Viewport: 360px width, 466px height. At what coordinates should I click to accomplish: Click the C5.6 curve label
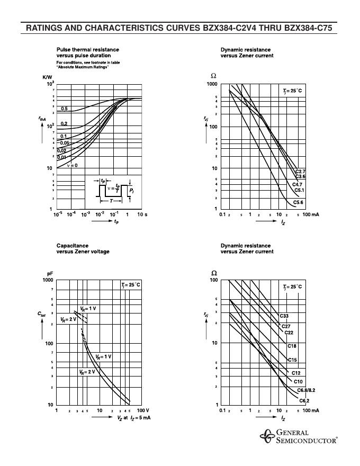(x=299, y=202)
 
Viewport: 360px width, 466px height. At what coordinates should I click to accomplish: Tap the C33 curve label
(x=284, y=316)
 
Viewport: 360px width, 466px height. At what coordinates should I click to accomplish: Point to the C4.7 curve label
(x=298, y=184)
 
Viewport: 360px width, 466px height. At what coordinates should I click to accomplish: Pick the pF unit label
(x=50, y=273)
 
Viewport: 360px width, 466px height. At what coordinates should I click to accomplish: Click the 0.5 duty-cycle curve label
(x=64, y=109)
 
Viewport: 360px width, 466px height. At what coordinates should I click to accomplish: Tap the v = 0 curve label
(x=72, y=166)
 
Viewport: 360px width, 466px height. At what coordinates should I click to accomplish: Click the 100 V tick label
(x=143, y=410)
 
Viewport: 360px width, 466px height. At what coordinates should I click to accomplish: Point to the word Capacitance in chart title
(x=73, y=246)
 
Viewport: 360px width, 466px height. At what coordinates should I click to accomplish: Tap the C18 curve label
(x=292, y=346)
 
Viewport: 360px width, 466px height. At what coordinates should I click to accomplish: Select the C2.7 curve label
(x=300, y=172)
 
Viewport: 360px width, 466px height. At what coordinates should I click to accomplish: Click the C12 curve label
(x=296, y=373)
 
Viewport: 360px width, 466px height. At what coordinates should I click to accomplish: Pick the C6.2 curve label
(x=304, y=400)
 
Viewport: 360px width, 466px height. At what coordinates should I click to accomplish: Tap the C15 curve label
(x=292, y=360)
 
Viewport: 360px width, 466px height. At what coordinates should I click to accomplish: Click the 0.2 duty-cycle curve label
(x=64, y=124)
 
